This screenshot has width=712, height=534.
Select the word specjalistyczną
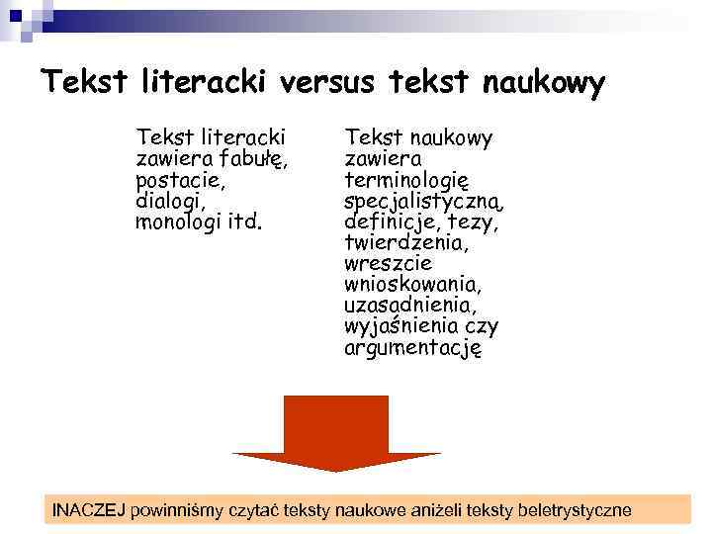tap(424, 202)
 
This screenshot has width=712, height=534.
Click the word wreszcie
tap(388, 264)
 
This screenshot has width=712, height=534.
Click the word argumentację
tap(412, 347)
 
